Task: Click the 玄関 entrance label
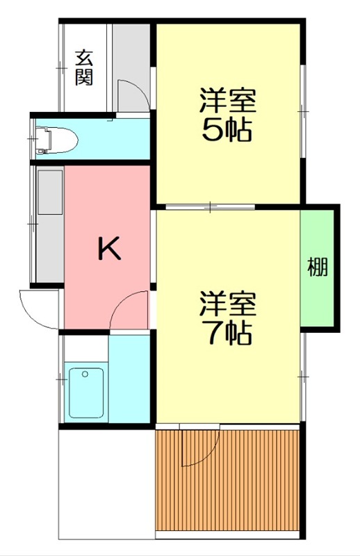pyautogui.click(x=85, y=67)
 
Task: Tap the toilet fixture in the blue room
pyautogui.click(x=56, y=139)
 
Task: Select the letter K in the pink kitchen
pyautogui.click(x=108, y=248)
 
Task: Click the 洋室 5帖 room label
pyautogui.click(x=227, y=115)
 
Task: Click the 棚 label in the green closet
pyautogui.click(x=318, y=267)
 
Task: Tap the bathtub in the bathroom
pyautogui.click(x=85, y=393)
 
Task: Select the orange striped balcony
pyautogui.click(x=228, y=480)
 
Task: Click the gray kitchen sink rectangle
pyautogui.click(x=50, y=192)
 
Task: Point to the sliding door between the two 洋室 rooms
pyautogui.click(x=211, y=206)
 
